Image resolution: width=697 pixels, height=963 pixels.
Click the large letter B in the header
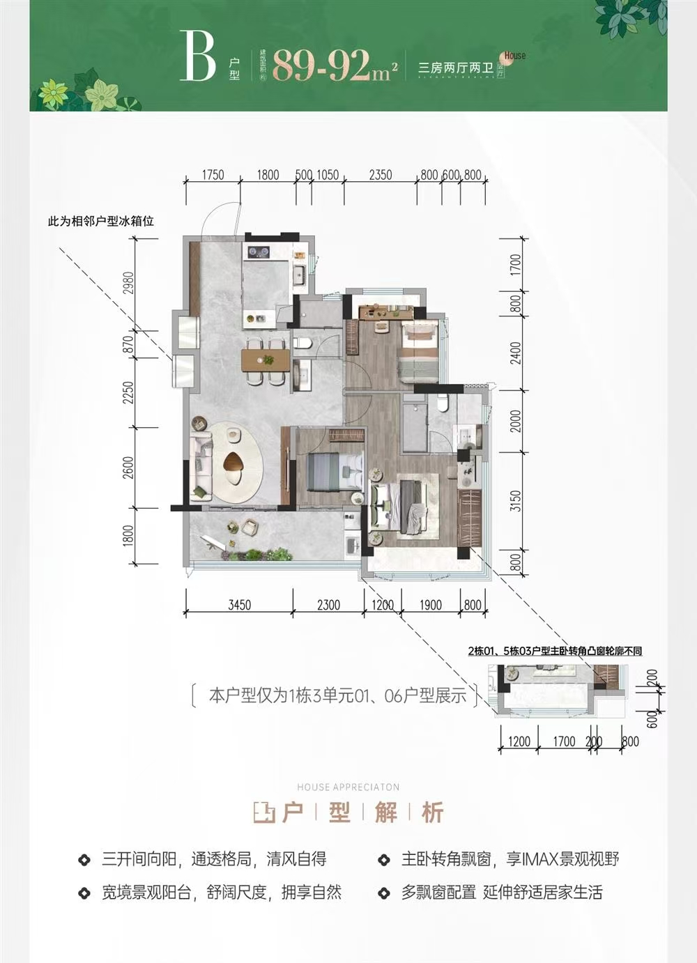click(197, 56)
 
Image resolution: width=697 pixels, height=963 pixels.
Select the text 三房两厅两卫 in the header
click(454, 68)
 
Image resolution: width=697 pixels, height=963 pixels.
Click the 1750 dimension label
click(212, 175)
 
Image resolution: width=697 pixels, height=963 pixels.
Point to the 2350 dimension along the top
click(380, 175)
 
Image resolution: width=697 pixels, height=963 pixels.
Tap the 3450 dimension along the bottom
click(238, 605)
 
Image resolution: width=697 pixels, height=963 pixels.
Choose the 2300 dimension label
click(328, 605)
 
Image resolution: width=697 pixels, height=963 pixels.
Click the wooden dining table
click(266, 360)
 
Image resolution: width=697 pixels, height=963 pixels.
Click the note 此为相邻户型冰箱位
click(100, 222)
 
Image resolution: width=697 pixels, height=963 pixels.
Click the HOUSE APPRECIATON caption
click(348, 787)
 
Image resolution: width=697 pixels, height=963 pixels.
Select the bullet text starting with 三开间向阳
click(214, 859)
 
